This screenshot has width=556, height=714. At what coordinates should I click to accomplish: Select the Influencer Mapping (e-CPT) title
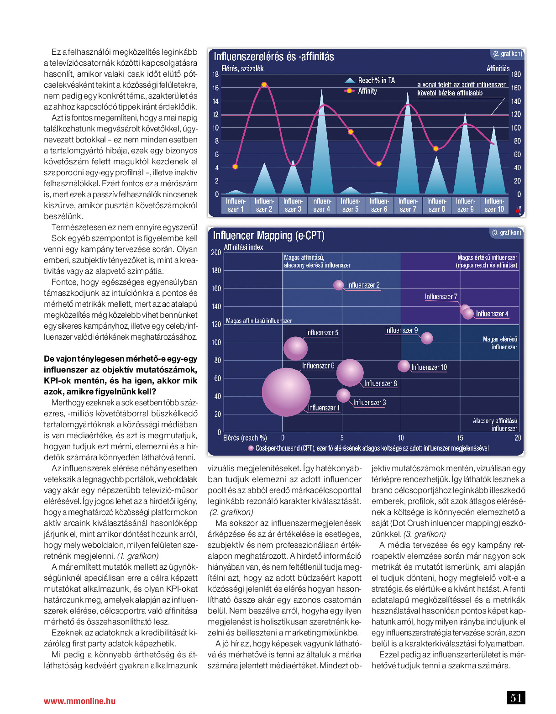coord(268,236)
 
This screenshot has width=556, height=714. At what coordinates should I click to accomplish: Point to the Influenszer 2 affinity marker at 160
coord(264,84)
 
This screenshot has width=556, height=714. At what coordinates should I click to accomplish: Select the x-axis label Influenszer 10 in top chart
coord(494,205)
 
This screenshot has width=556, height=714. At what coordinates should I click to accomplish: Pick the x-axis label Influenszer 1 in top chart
coord(236,205)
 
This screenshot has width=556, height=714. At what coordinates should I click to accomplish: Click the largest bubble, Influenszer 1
coord(286,392)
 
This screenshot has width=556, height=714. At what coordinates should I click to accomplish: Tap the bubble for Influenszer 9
coord(427,338)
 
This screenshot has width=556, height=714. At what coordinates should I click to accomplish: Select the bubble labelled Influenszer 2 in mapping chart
coord(338,285)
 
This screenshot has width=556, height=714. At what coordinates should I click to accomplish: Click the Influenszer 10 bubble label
coord(429,367)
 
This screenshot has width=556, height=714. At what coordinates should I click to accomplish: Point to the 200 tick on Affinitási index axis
coord(216,252)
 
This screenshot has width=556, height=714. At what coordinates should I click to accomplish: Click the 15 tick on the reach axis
coord(460,438)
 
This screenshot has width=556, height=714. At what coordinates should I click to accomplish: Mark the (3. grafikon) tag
coord(506,232)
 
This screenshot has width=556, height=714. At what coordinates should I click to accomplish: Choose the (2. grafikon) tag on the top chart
coord(507,53)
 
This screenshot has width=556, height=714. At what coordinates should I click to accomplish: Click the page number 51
coord(516,698)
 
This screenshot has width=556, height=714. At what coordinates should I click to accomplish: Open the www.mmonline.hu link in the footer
coord(79,701)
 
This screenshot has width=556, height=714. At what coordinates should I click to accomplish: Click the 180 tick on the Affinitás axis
coord(516,74)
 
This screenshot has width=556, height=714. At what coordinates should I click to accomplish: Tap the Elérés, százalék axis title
coord(242,68)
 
